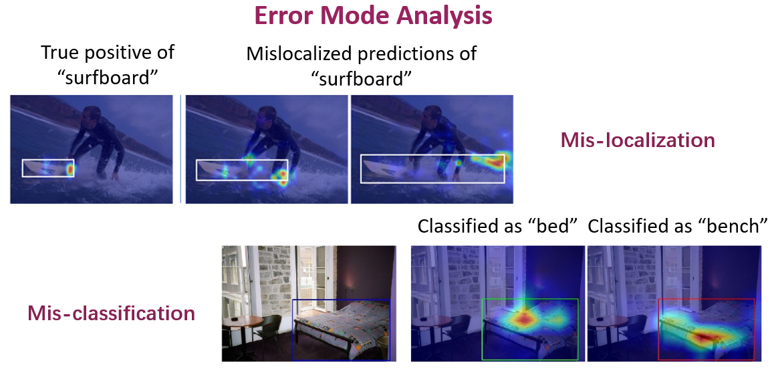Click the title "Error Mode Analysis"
tap(373, 16)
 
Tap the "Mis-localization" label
tap(638, 141)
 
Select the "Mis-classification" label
tap(112, 313)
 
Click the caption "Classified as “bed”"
tap(497, 227)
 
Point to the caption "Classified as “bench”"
tap(678, 227)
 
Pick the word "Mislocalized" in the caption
tap(293, 53)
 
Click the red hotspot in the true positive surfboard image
tap(70, 170)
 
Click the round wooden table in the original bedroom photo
tap(243, 322)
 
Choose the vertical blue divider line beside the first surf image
tap(180, 149)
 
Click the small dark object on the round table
tap(235, 318)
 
